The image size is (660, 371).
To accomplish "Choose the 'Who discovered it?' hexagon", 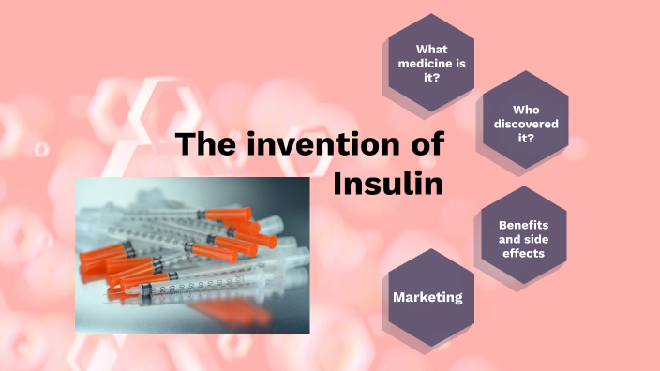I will pyautogui.click(x=526, y=122).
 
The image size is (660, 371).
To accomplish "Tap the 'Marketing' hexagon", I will pyautogui.click(x=428, y=297).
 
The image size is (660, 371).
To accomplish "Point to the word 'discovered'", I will pyautogui.click(x=526, y=123).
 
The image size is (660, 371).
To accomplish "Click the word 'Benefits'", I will pyautogui.click(x=523, y=225).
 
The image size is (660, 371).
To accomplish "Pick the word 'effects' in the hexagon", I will pyautogui.click(x=523, y=253).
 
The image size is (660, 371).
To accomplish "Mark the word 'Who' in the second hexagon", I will pyautogui.click(x=526, y=108).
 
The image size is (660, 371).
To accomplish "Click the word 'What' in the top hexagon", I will pyautogui.click(x=430, y=50).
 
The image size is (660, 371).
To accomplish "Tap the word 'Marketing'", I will pyautogui.click(x=428, y=297).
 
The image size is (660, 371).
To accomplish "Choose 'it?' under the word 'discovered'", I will pyautogui.click(x=526, y=138).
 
